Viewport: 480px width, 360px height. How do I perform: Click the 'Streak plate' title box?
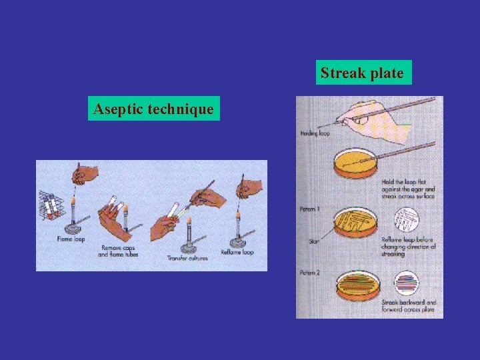[x=363, y=73]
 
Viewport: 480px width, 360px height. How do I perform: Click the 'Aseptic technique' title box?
[x=154, y=108]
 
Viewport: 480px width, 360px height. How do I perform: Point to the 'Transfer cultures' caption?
[x=187, y=258]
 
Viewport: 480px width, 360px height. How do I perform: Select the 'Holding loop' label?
[x=315, y=133]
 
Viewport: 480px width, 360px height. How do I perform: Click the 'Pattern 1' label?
[x=309, y=209]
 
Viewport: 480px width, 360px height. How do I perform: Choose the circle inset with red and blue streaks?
[x=406, y=283]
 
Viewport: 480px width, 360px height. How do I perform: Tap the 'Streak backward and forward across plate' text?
[x=408, y=306]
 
